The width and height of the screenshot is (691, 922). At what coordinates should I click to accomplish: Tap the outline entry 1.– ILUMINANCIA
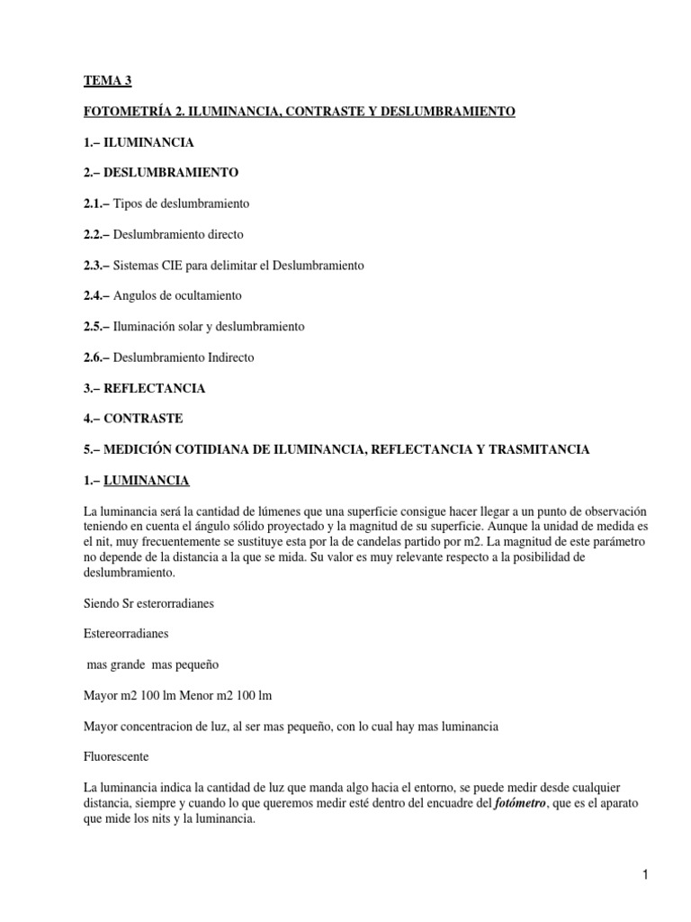(x=136, y=142)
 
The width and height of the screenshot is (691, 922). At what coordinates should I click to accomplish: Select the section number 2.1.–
(x=96, y=203)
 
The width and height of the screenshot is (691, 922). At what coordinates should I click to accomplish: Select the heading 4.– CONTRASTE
(x=131, y=419)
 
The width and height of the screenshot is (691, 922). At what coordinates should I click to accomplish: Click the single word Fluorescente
(x=117, y=756)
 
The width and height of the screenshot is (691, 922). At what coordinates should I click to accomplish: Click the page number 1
(x=646, y=874)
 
